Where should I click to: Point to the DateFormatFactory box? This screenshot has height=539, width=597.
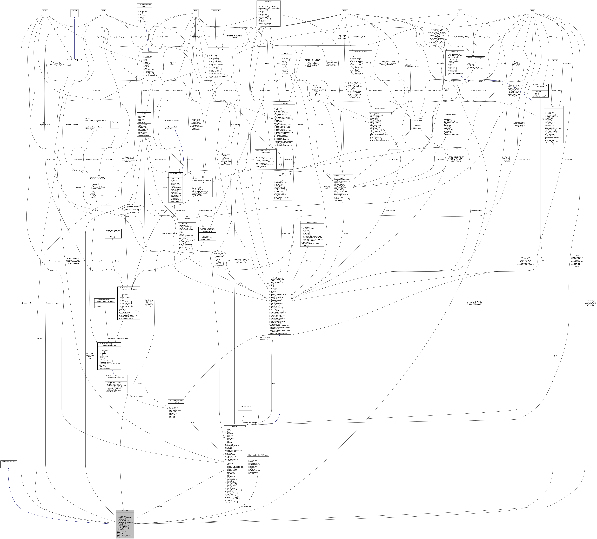click(245, 407)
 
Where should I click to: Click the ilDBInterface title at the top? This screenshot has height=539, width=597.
click(269, 2)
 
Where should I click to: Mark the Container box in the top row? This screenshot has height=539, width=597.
click(74, 11)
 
